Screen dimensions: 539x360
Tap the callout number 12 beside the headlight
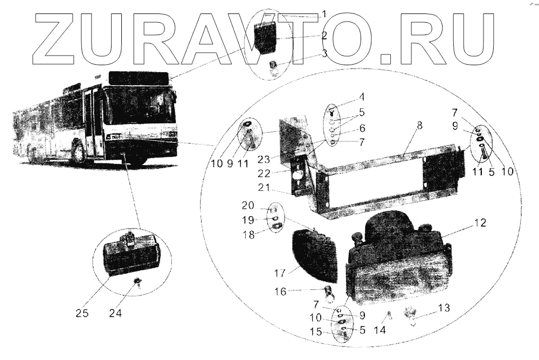[480, 223]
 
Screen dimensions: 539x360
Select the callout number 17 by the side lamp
[280, 273]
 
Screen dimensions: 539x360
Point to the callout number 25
[82, 313]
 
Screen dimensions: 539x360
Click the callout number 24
[115, 313]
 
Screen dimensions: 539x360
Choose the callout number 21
[264, 188]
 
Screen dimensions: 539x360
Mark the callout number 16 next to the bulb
[280, 292]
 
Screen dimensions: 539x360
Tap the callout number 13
[444, 308]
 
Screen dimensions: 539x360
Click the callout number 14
[380, 330]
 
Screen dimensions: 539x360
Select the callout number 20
[248, 206]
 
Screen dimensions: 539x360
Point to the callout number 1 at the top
[324, 14]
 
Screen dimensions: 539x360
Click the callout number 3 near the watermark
[324, 54]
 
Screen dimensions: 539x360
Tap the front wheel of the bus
[79, 151]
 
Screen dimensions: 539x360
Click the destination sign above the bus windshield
[139, 78]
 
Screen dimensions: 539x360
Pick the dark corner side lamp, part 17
[315, 253]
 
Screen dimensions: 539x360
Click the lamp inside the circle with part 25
[132, 253]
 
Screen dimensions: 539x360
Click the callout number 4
[361, 97]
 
